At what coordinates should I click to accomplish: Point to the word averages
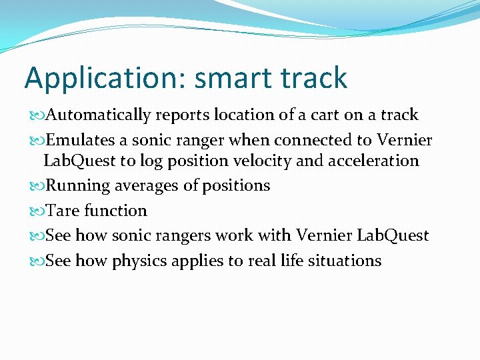pyautogui.click(x=141, y=185)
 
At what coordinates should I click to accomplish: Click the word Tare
pyautogui.click(x=61, y=211)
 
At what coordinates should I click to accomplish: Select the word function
pyautogui.click(x=116, y=211)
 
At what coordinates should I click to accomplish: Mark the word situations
pyautogui.click(x=343, y=261)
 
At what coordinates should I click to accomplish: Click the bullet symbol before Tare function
pyautogui.click(x=37, y=211)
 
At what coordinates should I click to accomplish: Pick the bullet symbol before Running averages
pyautogui.click(x=37, y=185)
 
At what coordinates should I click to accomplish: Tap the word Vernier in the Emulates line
pyautogui.click(x=405, y=140)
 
